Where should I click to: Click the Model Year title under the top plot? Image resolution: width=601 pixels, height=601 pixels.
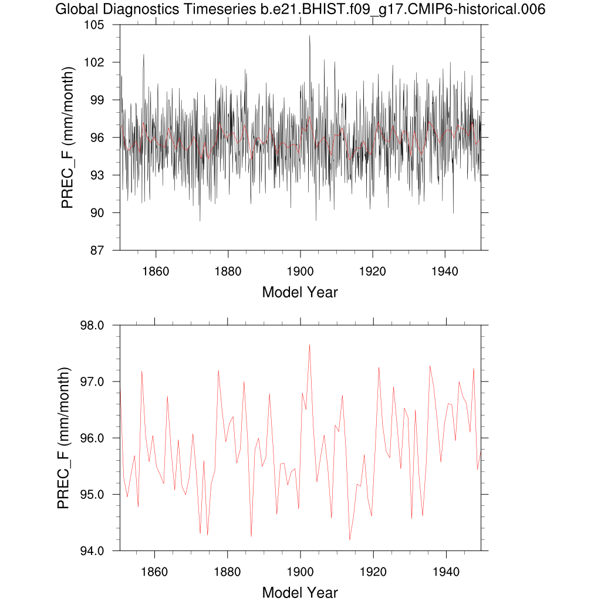(300, 292)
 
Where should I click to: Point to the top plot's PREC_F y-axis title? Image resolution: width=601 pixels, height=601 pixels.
(67, 138)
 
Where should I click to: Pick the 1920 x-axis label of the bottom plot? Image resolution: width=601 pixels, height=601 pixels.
(373, 572)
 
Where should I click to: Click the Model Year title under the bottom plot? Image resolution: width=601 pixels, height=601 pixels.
(300, 592)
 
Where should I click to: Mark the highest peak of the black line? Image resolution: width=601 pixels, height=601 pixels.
(309, 36)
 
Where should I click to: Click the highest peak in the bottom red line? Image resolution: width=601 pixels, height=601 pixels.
(309, 345)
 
